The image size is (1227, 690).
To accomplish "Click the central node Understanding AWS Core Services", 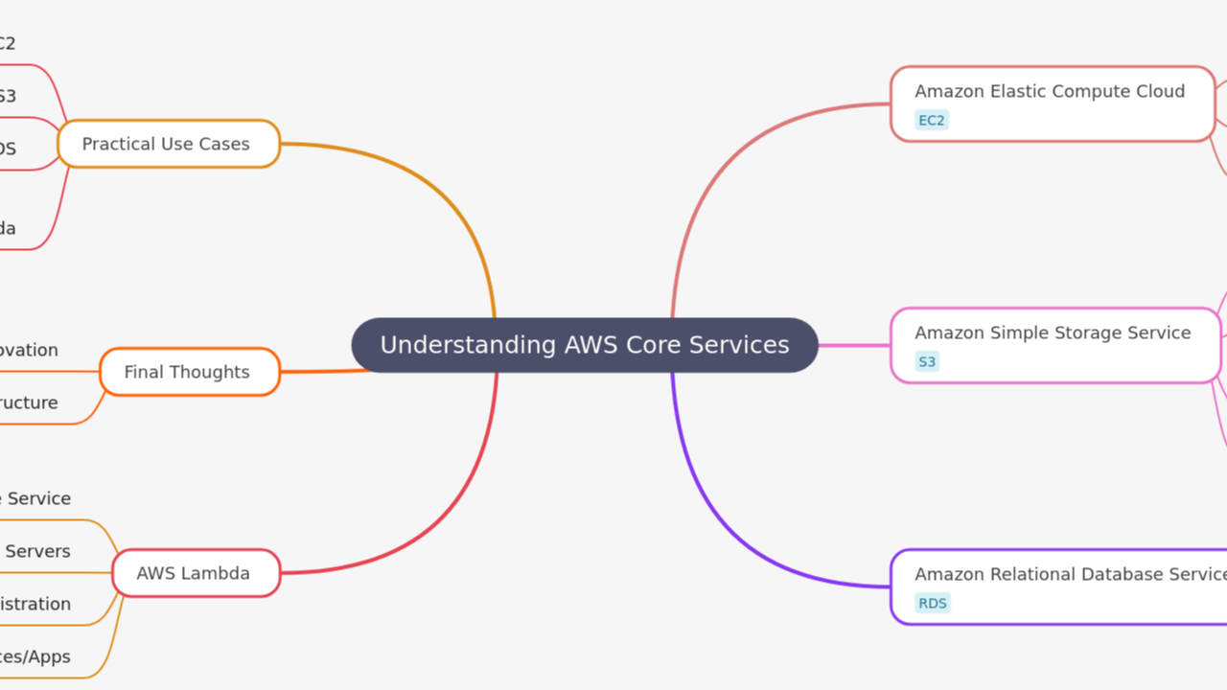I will click(585, 345).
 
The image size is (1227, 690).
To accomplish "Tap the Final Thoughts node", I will click(189, 372).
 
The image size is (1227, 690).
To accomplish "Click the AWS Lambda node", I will click(196, 573).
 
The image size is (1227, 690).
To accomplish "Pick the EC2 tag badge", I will click(931, 121).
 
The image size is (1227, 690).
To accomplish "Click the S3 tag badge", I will click(927, 362).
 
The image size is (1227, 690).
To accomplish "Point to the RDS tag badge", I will click(932, 604).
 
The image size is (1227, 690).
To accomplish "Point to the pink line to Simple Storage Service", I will click(854, 345).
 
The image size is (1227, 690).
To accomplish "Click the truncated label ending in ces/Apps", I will click(35, 656).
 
